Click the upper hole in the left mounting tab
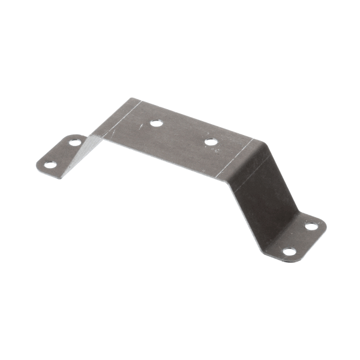click(x=74, y=142)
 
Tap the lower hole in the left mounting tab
click(x=50, y=164)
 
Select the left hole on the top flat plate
click(x=156, y=123)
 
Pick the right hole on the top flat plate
click(x=211, y=142)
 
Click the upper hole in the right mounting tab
click(x=311, y=226)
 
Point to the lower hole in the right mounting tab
click(x=289, y=251)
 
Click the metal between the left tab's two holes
click(x=62, y=153)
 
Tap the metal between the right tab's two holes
click(x=300, y=239)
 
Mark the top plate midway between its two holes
click(x=183, y=133)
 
